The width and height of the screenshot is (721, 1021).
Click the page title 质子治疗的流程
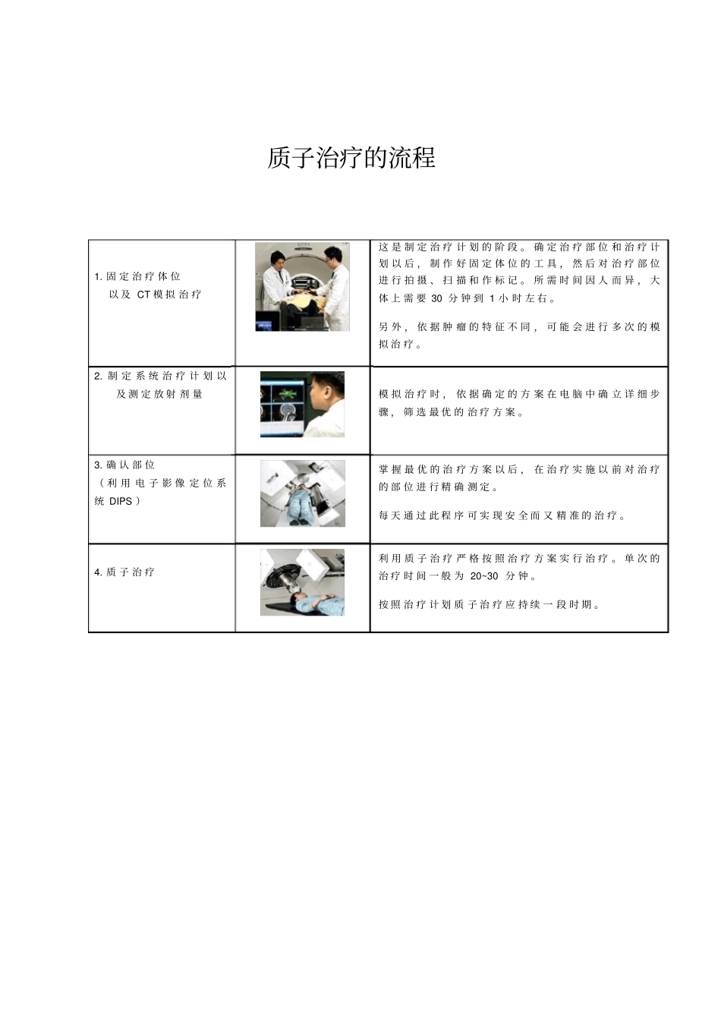click(x=351, y=158)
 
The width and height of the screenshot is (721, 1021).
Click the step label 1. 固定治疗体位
click(x=137, y=276)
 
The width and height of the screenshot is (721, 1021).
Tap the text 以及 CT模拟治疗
click(x=155, y=295)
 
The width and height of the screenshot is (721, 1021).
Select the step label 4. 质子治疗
click(x=124, y=572)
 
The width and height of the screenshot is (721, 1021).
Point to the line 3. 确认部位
click(x=124, y=465)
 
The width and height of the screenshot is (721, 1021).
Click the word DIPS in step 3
click(x=121, y=501)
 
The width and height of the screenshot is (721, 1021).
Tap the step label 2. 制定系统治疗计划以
click(x=160, y=376)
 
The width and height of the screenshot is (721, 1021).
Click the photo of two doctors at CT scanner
click(x=302, y=287)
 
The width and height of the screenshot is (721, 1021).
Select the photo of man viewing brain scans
click(x=302, y=404)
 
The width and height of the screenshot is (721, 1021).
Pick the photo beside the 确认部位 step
click(x=302, y=493)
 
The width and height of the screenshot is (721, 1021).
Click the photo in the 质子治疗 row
click(x=302, y=582)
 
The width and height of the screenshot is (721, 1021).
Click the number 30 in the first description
click(x=436, y=298)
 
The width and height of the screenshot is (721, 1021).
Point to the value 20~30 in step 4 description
click(x=484, y=576)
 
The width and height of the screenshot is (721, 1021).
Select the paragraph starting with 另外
click(x=519, y=336)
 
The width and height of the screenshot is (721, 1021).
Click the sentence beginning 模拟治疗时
click(x=519, y=403)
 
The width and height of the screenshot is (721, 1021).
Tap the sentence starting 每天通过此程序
click(x=503, y=516)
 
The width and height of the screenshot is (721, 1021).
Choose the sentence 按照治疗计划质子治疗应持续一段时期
click(x=490, y=605)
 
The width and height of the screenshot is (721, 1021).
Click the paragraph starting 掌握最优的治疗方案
click(x=519, y=478)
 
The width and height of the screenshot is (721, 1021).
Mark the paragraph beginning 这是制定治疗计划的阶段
click(x=519, y=273)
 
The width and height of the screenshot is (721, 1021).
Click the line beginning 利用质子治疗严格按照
click(x=519, y=559)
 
